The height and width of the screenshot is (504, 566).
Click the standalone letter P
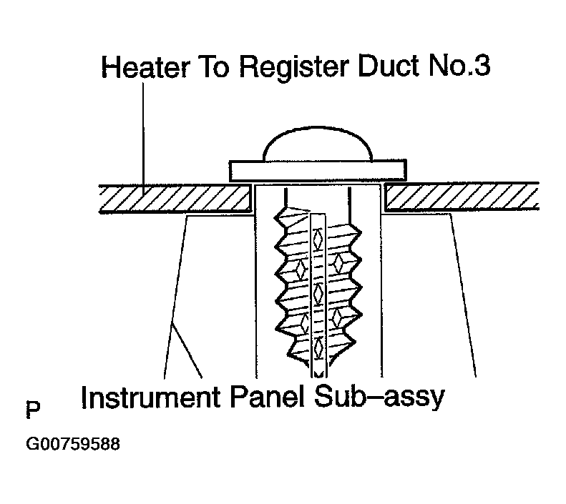point(32,411)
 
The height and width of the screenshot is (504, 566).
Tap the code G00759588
point(72,444)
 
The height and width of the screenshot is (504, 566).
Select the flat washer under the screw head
point(318,170)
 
